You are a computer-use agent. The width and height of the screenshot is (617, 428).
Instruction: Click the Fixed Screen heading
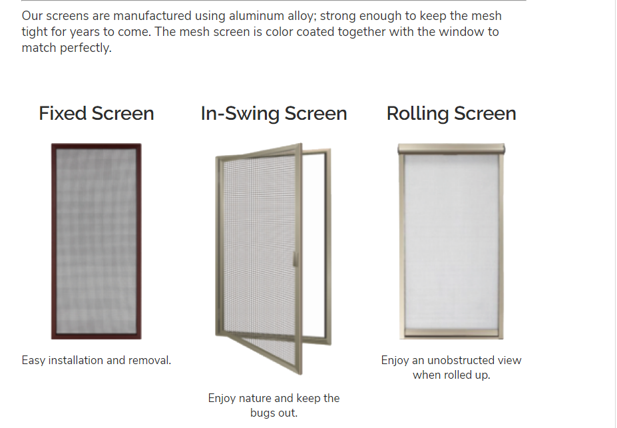coord(97,114)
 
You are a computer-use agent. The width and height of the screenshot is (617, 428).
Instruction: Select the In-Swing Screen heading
coord(274,114)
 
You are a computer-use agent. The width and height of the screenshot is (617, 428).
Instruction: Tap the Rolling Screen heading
coord(451,114)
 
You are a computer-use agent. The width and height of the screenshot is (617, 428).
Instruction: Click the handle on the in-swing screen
coord(295,259)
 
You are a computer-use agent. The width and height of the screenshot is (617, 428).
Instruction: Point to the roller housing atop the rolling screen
coord(451,149)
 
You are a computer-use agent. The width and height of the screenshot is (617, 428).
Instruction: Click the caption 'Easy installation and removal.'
coord(97,360)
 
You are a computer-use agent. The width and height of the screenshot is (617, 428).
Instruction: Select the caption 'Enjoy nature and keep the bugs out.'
coord(274,405)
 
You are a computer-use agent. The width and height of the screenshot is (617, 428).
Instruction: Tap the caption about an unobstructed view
coord(451,367)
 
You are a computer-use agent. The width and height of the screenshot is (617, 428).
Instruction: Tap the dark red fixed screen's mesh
coord(97,241)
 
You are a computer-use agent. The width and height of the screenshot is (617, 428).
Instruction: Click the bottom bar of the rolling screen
coord(451,334)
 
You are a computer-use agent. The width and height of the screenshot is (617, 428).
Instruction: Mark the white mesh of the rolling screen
coord(451,242)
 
